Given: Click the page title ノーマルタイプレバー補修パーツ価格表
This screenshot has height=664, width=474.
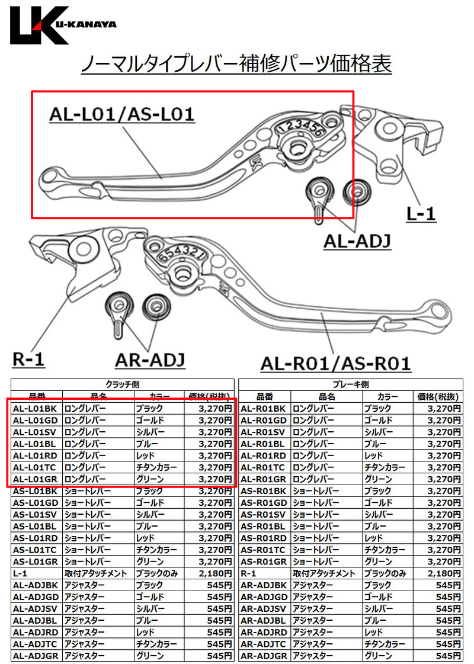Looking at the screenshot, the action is [236, 65].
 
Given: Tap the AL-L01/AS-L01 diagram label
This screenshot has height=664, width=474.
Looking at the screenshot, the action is [122, 114].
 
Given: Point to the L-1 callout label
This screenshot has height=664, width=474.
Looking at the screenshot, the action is [421, 213].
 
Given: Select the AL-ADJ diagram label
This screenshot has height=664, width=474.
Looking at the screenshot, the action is [357, 242].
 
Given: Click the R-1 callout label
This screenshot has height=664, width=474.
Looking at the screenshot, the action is [28, 359].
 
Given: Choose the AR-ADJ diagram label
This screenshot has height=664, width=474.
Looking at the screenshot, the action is [150, 360].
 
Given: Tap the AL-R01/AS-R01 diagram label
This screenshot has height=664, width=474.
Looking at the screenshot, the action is [335, 364].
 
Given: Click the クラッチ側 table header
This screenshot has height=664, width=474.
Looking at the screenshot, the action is [123, 384].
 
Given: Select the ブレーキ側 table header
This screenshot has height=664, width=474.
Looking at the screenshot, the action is [350, 384].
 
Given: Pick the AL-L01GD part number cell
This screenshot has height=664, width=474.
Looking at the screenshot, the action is [37, 421].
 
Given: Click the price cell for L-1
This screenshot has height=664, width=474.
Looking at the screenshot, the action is [209, 573].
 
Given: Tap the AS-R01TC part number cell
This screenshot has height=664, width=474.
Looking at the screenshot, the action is [265, 550].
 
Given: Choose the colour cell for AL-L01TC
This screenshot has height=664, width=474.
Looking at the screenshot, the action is [159, 467].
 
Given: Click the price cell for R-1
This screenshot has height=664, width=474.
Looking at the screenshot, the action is [438, 573].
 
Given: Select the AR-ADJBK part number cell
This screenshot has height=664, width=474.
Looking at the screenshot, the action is [265, 585].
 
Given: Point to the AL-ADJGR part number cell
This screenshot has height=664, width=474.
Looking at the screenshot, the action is [37, 656].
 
